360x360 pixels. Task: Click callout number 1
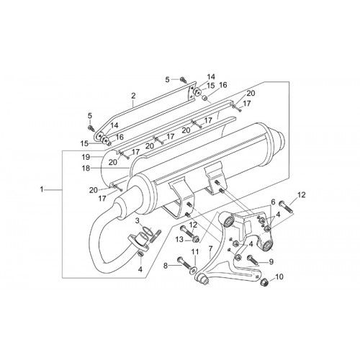(x=42, y=189)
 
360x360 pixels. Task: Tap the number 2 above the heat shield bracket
(x=133, y=96)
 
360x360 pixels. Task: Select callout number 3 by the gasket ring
(x=137, y=220)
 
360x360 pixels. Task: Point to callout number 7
(x=210, y=248)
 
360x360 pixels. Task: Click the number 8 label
(x=165, y=266)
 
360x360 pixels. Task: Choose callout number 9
(x=271, y=261)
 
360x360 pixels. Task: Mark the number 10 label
(x=279, y=276)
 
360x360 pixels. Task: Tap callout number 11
(x=195, y=252)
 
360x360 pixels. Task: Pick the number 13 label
(x=179, y=239)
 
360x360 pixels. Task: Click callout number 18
(x=86, y=168)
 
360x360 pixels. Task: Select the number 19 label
(x=86, y=157)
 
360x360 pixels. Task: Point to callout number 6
(x=272, y=202)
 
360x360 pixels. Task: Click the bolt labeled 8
(x=184, y=263)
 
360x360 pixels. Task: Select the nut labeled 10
(x=264, y=282)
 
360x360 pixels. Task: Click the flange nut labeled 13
(x=196, y=239)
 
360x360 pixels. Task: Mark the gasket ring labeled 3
(x=147, y=231)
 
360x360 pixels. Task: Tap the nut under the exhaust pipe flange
(x=140, y=253)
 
